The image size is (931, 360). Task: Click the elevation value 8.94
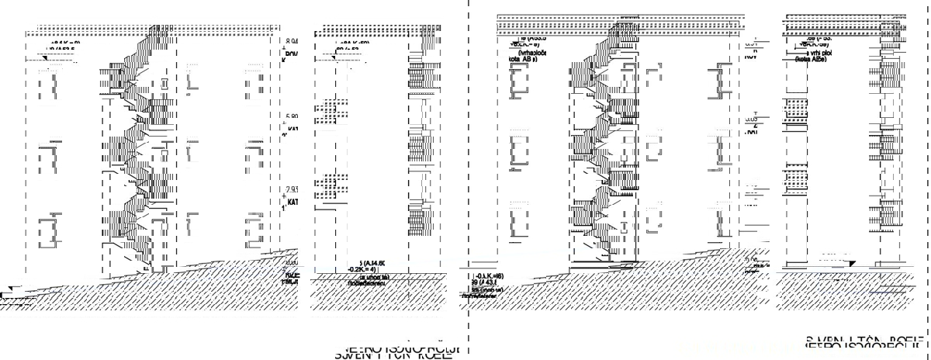coord(292,41)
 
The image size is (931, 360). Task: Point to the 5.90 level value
coord(292,117)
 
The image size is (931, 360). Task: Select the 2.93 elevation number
coord(292,190)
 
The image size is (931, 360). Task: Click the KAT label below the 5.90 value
coord(292,129)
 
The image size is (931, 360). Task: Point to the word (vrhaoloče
coord(535,52)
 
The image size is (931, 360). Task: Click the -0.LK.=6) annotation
coord(489,276)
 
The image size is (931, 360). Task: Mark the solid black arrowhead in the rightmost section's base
coord(850,265)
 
